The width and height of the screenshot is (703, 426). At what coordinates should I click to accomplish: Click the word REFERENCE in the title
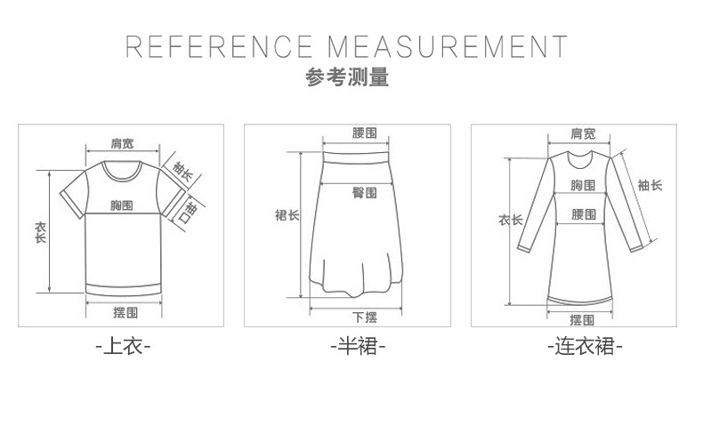[219, 46]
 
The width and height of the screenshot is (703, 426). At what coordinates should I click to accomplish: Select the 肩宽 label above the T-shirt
[122, 144]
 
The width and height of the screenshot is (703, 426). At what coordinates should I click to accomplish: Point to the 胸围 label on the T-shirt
[122, 205]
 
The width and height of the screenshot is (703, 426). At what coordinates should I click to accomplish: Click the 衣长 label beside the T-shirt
[40, 232]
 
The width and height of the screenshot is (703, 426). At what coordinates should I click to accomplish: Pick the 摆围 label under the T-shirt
[125, 312]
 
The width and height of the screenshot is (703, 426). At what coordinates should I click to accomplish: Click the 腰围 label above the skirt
[364, 133]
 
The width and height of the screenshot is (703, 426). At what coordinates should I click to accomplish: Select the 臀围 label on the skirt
[364, 192]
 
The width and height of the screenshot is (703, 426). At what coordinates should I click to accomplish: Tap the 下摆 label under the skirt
[364, 317]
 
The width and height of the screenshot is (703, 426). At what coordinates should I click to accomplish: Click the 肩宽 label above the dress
[583, 134]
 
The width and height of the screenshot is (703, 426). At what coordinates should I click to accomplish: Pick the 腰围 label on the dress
[583, 214]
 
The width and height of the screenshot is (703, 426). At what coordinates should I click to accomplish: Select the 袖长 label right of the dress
[650, 186]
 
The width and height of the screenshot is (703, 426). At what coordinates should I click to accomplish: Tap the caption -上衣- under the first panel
[124, 346]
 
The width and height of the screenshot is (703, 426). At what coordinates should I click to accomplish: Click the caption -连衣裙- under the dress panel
[584, 346]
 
